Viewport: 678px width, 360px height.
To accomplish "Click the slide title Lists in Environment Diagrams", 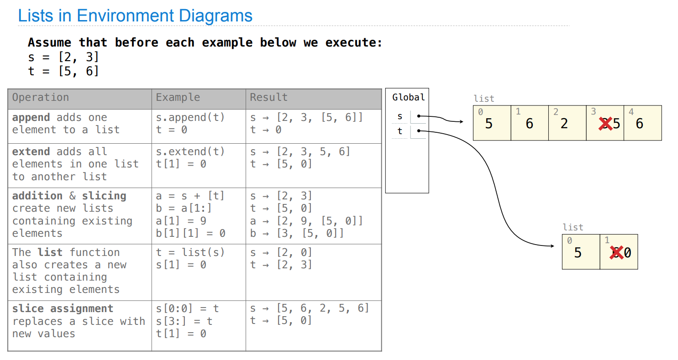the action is click(135, 16).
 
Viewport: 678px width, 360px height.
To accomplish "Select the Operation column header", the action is click(41, 98).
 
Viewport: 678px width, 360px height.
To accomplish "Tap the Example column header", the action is click(178, 98).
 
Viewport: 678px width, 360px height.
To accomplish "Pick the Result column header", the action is click(268, 98).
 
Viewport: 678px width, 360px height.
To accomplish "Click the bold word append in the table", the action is click(31, 117).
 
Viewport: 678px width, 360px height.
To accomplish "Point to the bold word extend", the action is click(31, 151).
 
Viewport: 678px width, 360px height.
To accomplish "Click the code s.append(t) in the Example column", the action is click(190, 117).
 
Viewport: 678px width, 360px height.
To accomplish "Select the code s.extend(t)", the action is click(190, 151).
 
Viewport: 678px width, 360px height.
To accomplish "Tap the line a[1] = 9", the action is click(181, 221).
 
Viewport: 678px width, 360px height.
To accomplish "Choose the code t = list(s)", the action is click(190, 252).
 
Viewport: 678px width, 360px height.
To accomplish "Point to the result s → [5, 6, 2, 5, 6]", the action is click(309, 308).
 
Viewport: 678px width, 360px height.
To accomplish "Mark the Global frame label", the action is click(408, 97).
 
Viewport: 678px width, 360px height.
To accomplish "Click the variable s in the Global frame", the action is click(400, 116).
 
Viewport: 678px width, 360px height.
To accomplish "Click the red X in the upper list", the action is click(605, 124).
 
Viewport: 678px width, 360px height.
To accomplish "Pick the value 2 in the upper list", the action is click(564, 124).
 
